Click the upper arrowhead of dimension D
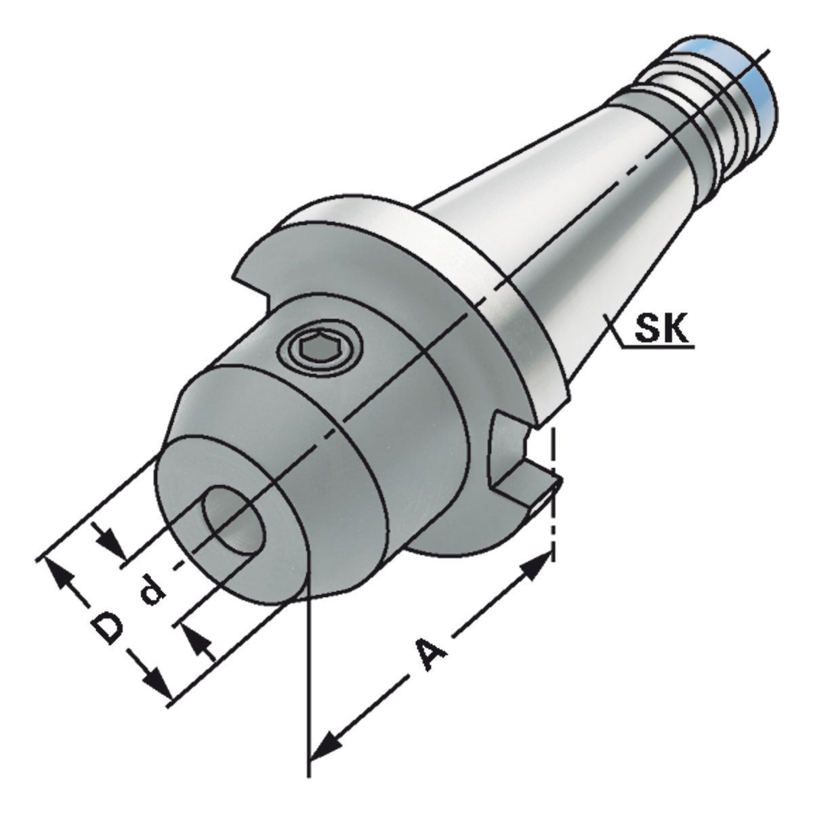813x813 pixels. [x=59, y=575]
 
